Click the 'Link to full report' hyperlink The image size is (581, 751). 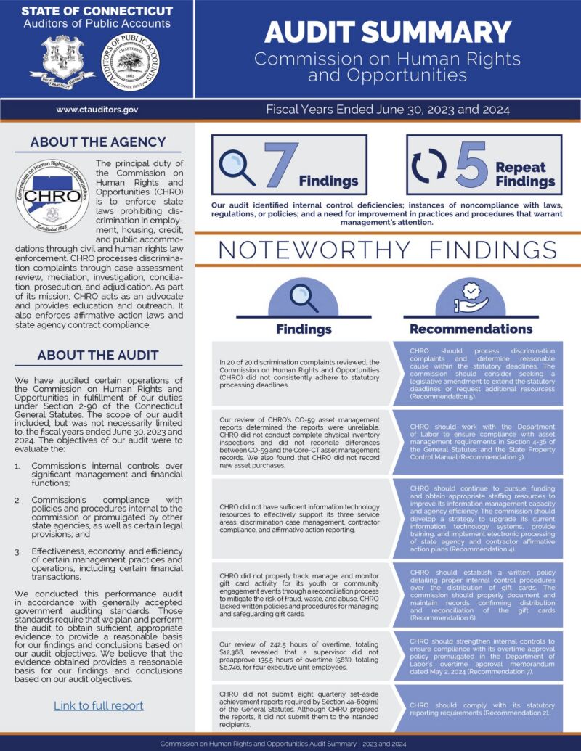coord(98,705)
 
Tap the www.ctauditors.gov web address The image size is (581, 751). coord(97,110)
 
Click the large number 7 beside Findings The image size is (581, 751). coord(279,165)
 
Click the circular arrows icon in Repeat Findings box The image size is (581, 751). coord(429,166)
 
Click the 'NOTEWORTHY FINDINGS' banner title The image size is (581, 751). coord(387,250)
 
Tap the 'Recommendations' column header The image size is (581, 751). coord(471,329)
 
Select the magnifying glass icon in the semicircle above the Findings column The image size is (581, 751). coord(304,297)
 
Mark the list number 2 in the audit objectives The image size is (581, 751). coord(18,501)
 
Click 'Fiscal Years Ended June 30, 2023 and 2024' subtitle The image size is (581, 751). coord(387,110)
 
